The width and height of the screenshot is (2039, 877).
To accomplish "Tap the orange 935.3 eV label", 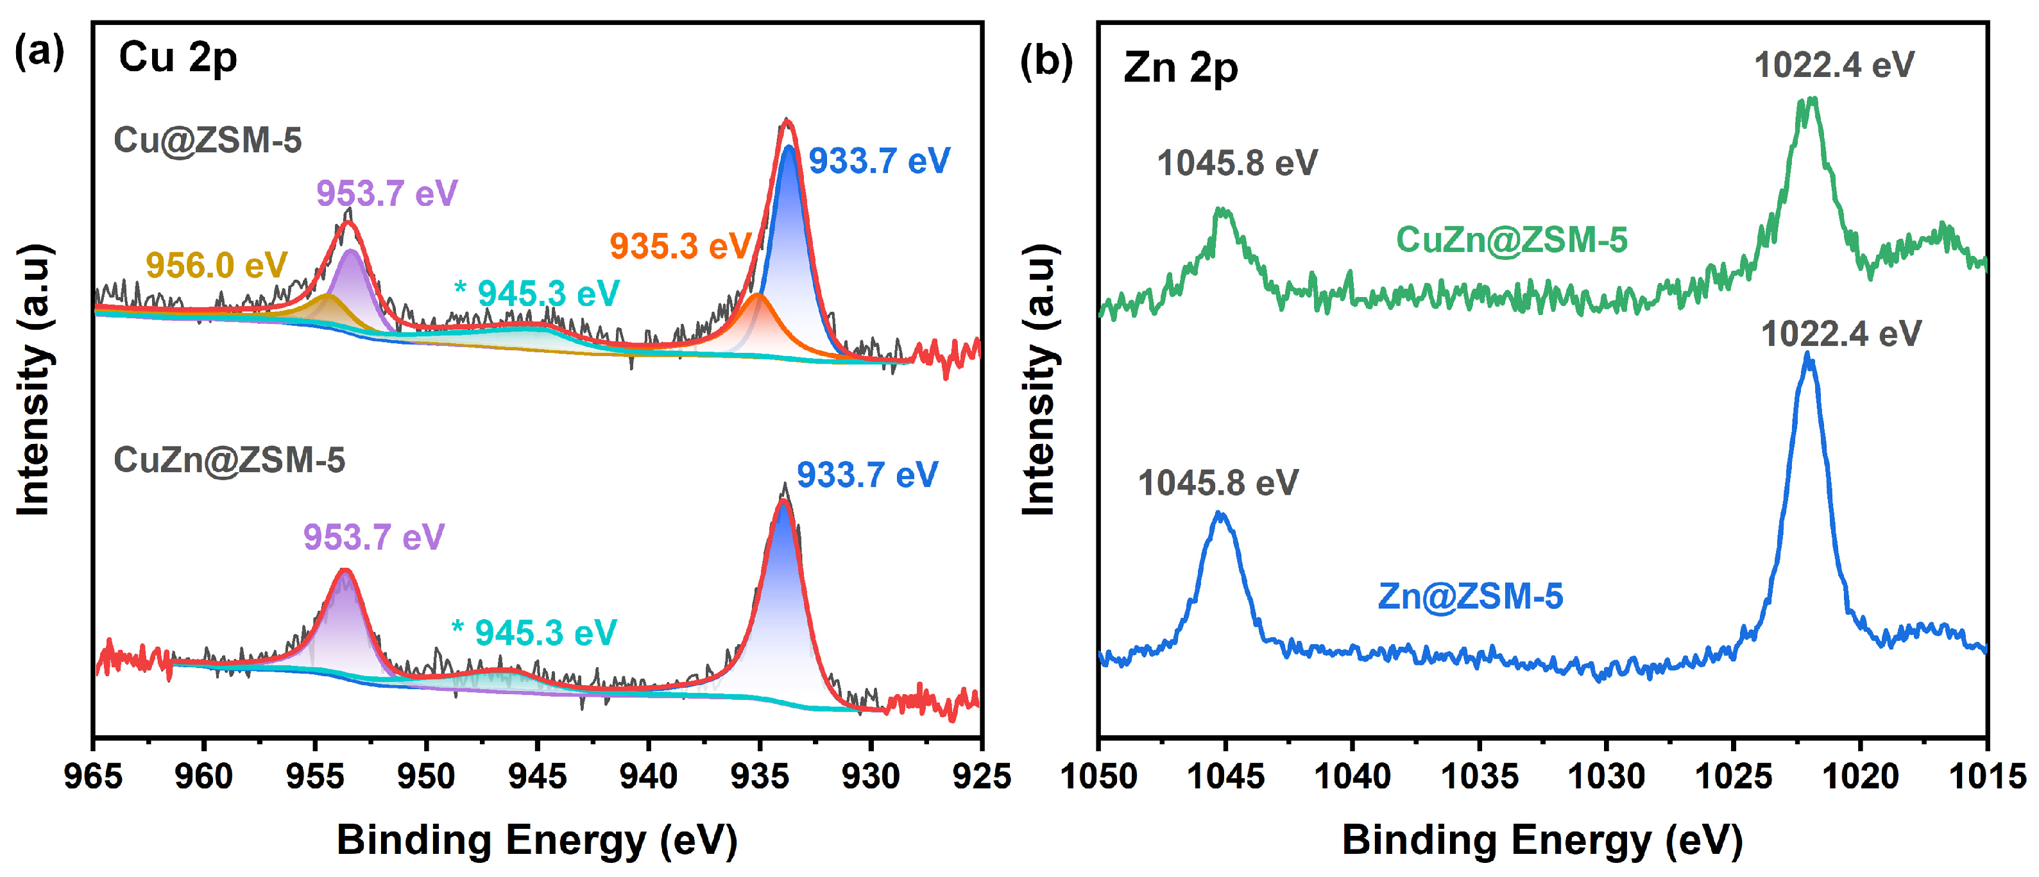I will click(679, 246).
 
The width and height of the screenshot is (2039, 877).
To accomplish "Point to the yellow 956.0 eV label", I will click(216, 265).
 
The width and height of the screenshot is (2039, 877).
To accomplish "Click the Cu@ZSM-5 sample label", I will click(207, 140).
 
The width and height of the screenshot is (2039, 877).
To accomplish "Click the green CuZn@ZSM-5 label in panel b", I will click(1511, 240).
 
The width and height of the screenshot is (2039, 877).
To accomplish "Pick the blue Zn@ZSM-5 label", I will click(1470, 596).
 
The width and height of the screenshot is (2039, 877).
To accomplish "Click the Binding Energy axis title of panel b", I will click(1542, 840).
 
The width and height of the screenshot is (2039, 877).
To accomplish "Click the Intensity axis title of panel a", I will click(34, 380).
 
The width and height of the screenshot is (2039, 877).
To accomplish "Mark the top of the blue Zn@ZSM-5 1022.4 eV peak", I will click(1807, 356).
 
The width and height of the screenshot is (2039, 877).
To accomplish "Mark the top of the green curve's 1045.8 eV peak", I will click(1223, 210).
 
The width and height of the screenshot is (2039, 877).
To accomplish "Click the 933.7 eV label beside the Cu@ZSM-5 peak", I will click(878, 162).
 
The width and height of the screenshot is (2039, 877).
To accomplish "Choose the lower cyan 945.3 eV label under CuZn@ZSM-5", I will click(534, 633).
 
